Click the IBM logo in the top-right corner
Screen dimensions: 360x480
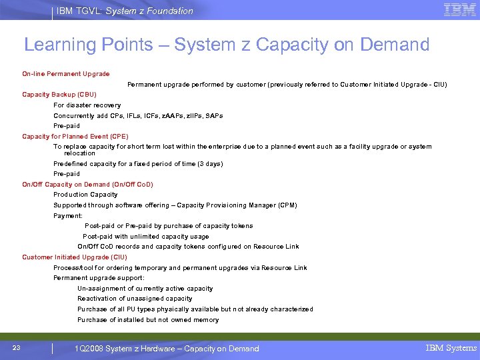459,10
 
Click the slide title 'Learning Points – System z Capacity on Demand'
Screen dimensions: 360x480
227,45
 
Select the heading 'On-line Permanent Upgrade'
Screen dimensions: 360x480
66,73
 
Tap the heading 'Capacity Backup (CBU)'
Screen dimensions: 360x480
59,95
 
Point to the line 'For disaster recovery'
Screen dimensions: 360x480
87,105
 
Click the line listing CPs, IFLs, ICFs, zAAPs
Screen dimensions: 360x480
138,115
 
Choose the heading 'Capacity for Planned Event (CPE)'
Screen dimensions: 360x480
75,137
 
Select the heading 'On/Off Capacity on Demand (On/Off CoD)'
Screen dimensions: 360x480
87,184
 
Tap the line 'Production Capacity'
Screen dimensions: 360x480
85,195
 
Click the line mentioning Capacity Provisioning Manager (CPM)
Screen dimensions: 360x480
175,205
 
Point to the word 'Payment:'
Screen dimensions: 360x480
68,216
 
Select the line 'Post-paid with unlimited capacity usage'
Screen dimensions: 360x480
146,236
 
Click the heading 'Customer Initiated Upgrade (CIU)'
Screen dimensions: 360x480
75,257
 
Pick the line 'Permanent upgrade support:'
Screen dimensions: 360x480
99,277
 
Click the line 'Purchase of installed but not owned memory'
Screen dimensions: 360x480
148,320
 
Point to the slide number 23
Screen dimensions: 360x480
17,347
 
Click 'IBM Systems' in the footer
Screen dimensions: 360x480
451,348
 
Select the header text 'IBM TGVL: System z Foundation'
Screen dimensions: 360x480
125,11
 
